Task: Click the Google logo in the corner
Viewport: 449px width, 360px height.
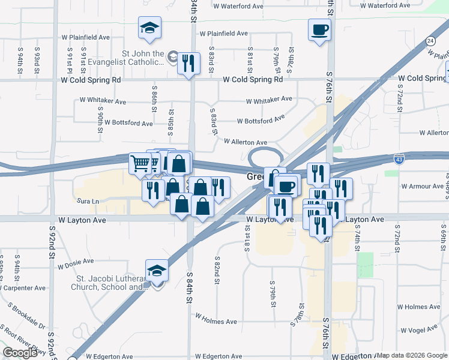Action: (x=20, y=353)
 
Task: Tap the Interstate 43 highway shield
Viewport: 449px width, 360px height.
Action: (x=399, y=158)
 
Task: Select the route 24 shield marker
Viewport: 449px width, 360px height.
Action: (x=430, y=41)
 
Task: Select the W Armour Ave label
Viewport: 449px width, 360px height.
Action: (x=422, y=187)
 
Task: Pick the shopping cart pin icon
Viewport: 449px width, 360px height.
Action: (x=140, y=162)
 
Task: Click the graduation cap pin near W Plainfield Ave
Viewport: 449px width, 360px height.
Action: (x=149, y=28)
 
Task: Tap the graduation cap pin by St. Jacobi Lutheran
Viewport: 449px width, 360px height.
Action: (x=157, y=271)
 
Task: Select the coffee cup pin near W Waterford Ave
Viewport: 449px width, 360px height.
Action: (x=319, y=29)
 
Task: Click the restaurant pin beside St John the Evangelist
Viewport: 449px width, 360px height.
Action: (x=188, y=63)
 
